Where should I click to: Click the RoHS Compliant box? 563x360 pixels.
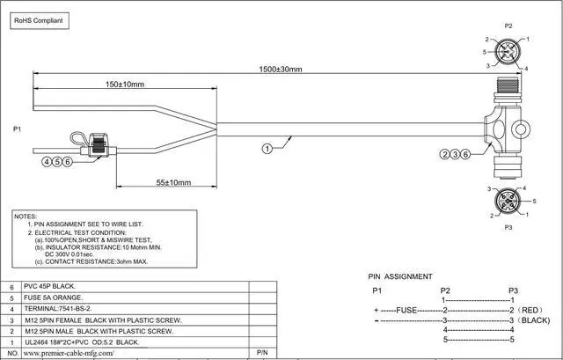(x=40, y=21)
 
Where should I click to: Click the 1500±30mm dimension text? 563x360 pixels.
(x=281, y=69)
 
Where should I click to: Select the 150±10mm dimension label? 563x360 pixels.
(x=125, y=84)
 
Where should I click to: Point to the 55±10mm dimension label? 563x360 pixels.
(x=173, y=182)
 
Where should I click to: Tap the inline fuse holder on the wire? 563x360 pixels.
(x=98, y=145)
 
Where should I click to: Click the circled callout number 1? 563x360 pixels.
(x=267, y=149)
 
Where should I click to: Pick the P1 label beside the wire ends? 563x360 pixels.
(x=18, y=129)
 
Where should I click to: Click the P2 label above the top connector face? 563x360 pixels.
(x=508, y=26)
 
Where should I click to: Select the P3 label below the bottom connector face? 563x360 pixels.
(x=508, y=227)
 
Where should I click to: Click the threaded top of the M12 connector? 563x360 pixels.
(x=508, y=85)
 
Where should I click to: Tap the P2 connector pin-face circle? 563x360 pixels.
(x=508, y=52)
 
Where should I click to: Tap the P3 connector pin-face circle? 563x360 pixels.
(x=508, y=201)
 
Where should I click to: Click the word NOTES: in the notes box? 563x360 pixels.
(x=26, y=217)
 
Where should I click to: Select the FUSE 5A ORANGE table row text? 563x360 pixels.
(x=53, y=298)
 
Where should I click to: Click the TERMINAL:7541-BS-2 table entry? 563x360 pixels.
(x=58, y=309)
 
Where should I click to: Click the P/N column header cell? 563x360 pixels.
(x=262, y=353)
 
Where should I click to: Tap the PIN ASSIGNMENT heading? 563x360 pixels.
(x=400, y=276)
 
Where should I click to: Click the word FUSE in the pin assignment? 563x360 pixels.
(x=406, y=310)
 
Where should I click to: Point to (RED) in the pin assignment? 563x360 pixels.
(x=530, y=310)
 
